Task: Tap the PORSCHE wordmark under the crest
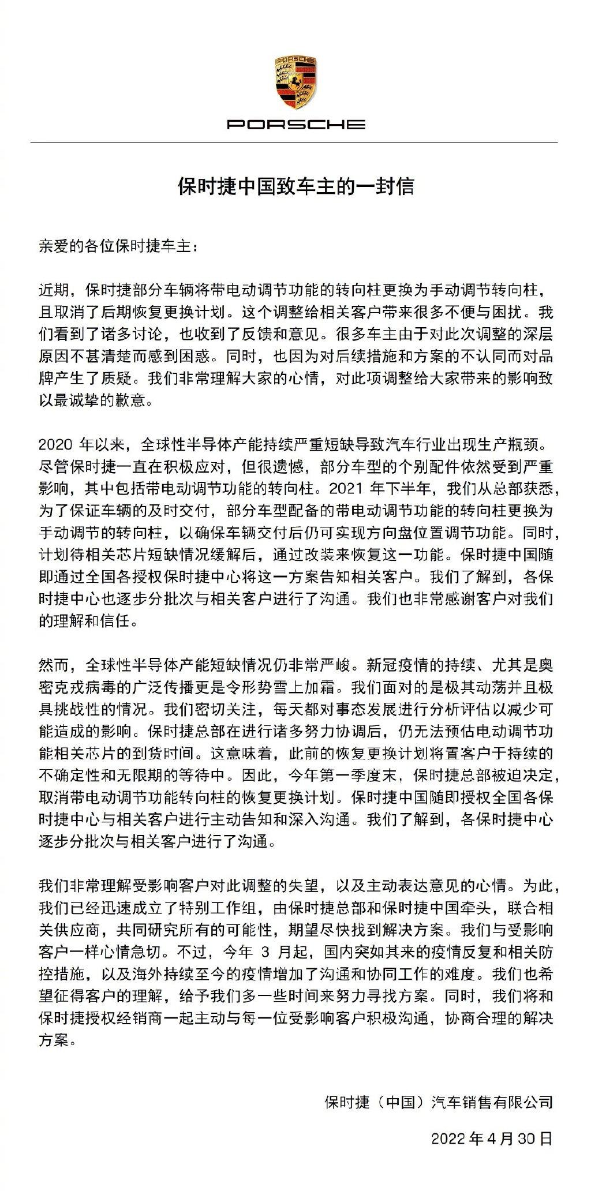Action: coord(295,124)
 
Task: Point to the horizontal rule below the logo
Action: coord(295,143)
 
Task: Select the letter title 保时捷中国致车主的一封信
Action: coord(295,188)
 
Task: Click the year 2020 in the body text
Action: coord(56,444)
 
